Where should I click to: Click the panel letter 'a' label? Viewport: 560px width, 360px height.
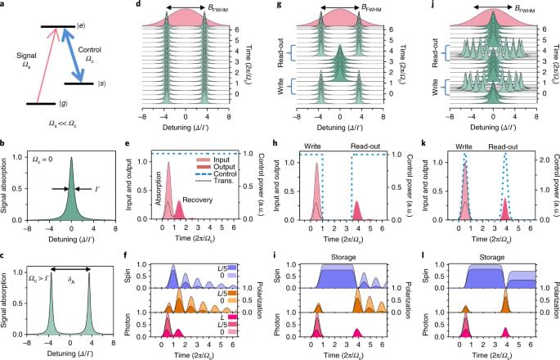click(5, 7)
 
